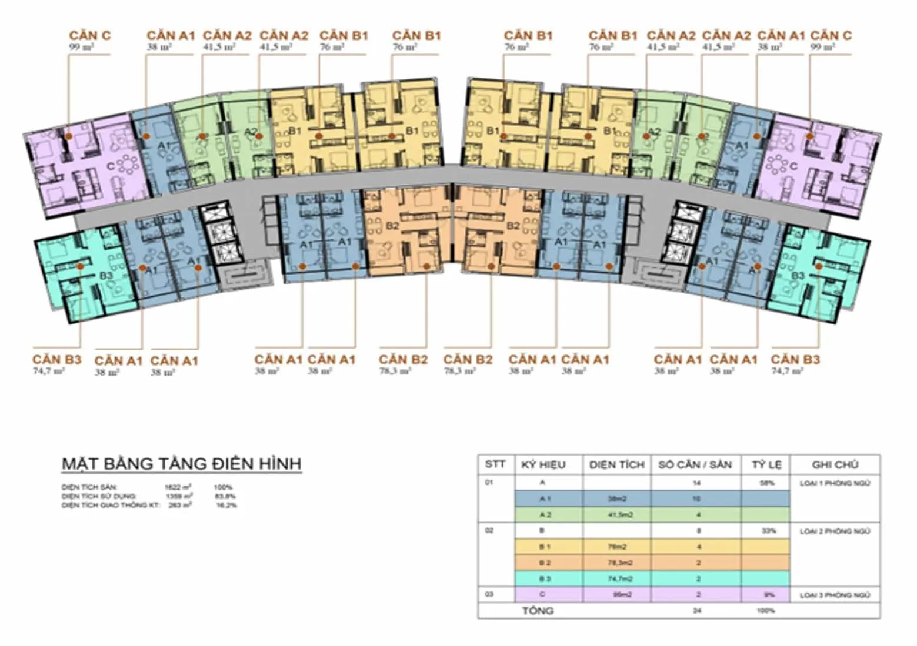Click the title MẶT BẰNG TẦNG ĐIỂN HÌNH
coord(181,464)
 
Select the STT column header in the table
coord(495,464)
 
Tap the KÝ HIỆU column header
coord(543,465)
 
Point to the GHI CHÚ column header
coord(835,465)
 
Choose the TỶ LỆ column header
coord(766,465)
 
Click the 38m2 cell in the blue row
coord(616,498)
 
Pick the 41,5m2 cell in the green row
coord(616,515)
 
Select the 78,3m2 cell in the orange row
coord(616,563)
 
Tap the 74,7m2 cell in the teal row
coord(616,579)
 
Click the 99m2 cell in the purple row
coord(616,595)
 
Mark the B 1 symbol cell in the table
coord(545,547)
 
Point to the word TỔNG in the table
coord(538,611)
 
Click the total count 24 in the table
coord(697,611)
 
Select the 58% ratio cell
coord(766,483)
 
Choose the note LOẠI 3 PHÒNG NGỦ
coord(835,595)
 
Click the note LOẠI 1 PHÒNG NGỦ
coord(835,483)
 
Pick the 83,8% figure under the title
coord(224,496)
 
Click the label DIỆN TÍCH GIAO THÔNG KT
coord(110,505)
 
